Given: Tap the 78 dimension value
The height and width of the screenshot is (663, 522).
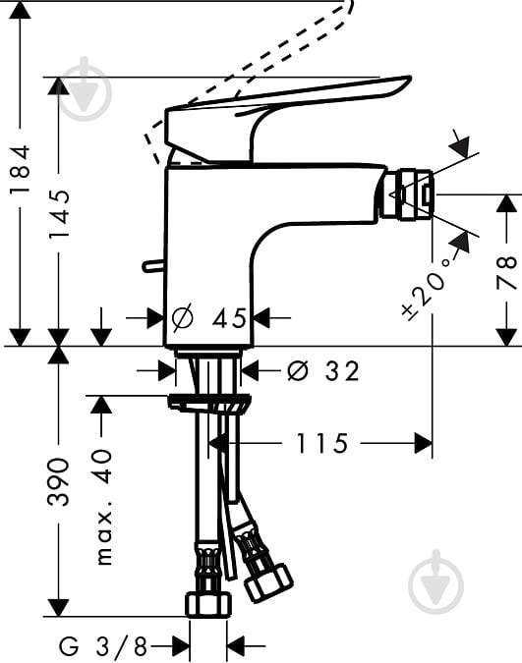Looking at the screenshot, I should tap(506, 271).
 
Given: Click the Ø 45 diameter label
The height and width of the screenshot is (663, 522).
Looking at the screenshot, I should tap(209, 318).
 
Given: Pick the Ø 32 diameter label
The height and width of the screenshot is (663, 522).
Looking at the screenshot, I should tap(323, 371).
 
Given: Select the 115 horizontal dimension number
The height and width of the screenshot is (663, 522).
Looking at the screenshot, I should tap(322, 444).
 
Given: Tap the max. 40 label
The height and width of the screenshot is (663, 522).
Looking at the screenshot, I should tap(104, 507).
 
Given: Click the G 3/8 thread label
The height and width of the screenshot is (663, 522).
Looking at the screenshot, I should tap(103, 645).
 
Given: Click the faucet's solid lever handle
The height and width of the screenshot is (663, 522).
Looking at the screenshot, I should tap(285, 108).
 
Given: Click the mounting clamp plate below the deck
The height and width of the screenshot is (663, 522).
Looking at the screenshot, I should tap(209, 402).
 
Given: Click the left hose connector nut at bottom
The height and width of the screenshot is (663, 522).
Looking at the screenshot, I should tap(209, 601).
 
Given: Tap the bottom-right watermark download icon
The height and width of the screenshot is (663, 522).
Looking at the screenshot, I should tap(435, 587).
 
